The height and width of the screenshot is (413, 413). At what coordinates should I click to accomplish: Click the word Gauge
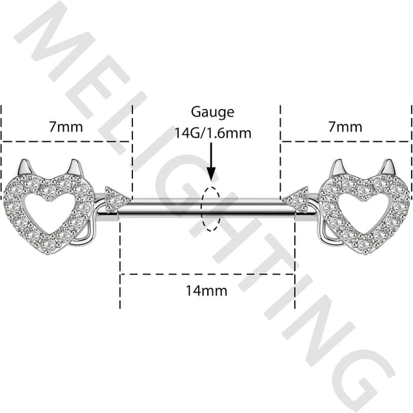point(212,112)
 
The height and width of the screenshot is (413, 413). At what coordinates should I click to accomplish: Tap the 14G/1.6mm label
point(212,133)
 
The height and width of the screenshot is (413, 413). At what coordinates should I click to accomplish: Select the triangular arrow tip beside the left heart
point(117,198)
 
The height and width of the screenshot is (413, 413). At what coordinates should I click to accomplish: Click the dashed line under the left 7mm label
point(66,140)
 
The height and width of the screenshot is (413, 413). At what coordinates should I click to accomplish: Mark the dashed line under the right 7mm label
point(345,140)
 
